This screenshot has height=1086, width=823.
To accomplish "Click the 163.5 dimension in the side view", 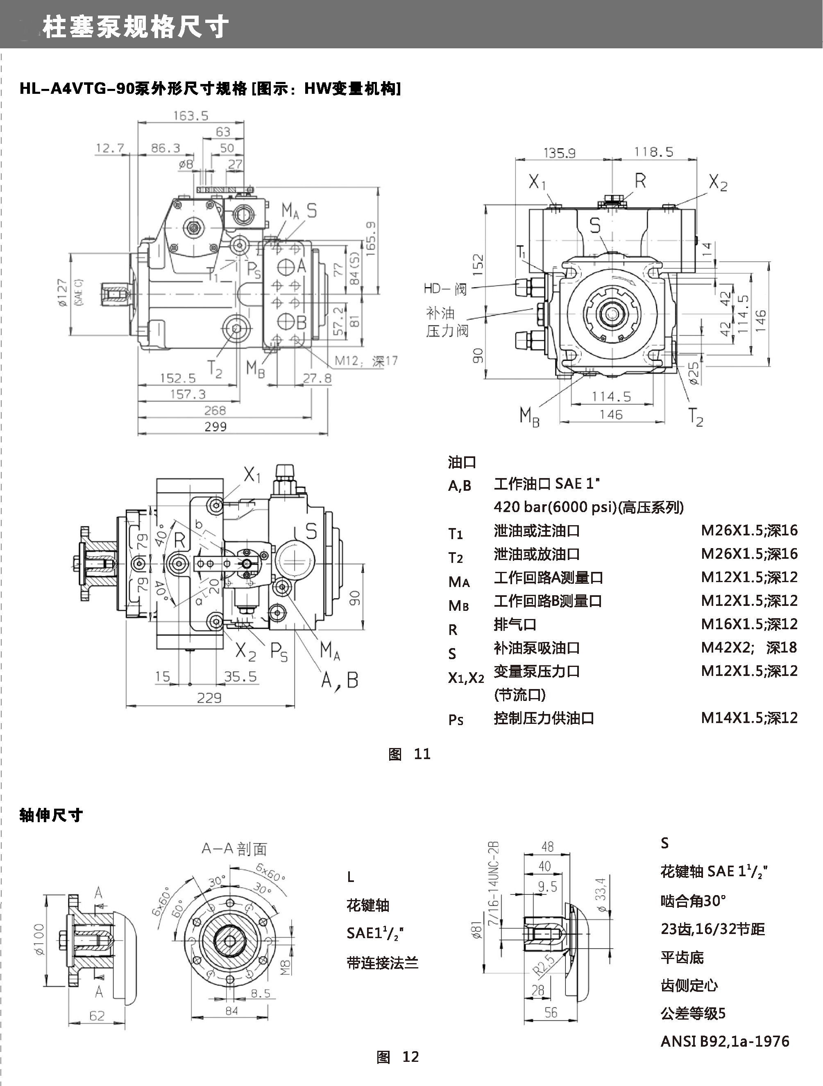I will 190,116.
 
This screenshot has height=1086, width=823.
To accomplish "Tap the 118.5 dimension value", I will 653,152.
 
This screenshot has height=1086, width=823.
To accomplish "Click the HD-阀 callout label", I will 445,288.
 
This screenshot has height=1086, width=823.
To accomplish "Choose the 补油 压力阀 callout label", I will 447,322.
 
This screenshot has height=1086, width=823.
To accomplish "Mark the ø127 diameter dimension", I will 62,293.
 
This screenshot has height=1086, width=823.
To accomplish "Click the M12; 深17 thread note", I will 366,361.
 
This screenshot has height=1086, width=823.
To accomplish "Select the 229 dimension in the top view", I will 209,698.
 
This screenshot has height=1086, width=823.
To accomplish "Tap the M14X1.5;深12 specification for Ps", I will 749,718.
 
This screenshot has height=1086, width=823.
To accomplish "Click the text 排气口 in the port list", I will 515,624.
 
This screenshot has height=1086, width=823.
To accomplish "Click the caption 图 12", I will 398,1057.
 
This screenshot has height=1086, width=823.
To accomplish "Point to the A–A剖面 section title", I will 234,849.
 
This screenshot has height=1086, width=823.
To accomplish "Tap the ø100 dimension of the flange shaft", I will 39,939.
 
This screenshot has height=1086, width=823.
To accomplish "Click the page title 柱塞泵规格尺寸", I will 135,27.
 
